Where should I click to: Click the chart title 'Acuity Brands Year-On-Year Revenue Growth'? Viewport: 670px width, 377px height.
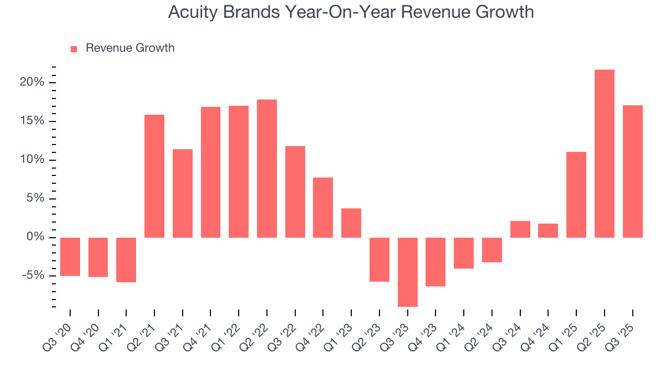351,12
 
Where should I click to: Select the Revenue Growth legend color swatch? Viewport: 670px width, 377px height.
74,49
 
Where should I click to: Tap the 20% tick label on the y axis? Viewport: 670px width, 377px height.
32,83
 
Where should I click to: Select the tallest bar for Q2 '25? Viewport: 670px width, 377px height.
604,153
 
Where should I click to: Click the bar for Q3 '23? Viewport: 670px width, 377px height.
407,272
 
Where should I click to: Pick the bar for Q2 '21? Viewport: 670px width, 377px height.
154,176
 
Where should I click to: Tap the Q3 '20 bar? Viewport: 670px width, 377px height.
70,257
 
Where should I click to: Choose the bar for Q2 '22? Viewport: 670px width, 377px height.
267,169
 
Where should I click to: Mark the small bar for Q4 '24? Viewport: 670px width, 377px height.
548,231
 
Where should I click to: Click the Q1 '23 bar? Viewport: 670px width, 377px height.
351,223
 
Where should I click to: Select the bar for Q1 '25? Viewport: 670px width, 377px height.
576,195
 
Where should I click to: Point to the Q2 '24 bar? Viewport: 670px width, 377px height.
492,250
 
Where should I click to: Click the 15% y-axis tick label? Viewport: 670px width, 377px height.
32,121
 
